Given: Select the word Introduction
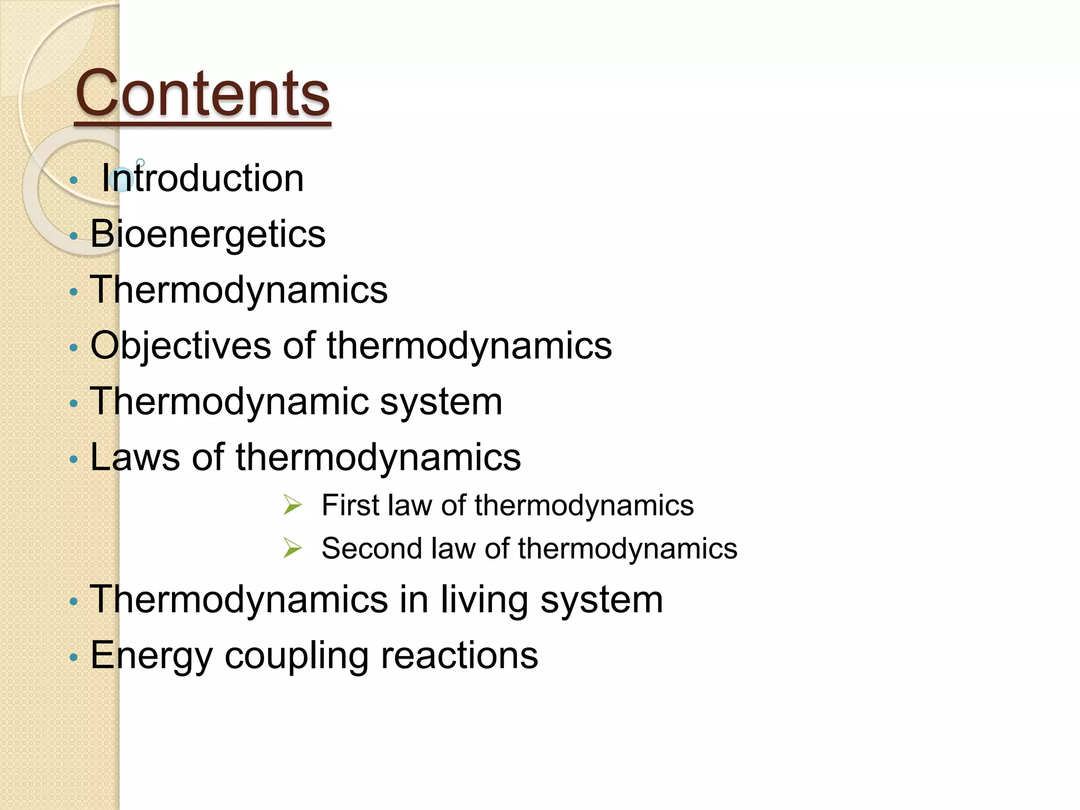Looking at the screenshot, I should pyautogui.click(x=202, y=178).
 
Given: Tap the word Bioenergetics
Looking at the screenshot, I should pyautogui.click(x=208, y=234).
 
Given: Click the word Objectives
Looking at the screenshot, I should pyautogui.click(x=180, y=346).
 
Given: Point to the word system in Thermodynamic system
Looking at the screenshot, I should pyautogui.click(x=441, y=402).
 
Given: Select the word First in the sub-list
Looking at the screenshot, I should pyautogui.click(x=350, y=505).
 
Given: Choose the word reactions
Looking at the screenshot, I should pyautogui.click(x=459, y=655).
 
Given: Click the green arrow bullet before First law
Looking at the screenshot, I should pyautogui.click(x=292, y=505).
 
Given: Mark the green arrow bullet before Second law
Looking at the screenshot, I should pyautogui.click(x=292, y=548).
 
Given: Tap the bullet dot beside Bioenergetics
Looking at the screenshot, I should pyautogui.click(x=74, y=236).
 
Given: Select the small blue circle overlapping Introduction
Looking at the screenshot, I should pyautogui.click(x=122, y=179).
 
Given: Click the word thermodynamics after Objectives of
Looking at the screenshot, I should pyautogui.click(x=469, y=346).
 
